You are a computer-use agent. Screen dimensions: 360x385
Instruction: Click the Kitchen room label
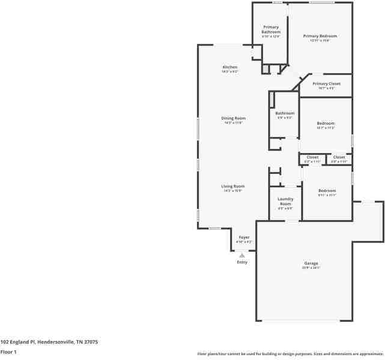[x=230, y=67]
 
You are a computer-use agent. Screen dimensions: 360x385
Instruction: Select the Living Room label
[x=233, y=186]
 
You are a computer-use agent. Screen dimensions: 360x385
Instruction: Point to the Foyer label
[x=244, y=237]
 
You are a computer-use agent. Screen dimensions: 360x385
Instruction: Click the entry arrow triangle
[x=242, y=255]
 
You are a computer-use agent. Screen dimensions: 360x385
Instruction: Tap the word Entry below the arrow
[x=242, y=262]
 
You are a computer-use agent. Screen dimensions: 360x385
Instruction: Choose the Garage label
[x=311, y=263]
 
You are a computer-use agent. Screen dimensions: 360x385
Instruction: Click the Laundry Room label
[x=285, y=201]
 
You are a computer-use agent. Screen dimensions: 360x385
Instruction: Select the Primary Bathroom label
[x=271, y=29]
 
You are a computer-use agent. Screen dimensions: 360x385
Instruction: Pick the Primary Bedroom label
[x=320, y=36]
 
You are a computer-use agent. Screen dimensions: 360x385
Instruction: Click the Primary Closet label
[x=326, y=84]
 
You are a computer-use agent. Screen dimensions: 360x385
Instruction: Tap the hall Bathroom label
[x=285, y=113]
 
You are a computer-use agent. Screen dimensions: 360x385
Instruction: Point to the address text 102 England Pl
[x=49, y=341]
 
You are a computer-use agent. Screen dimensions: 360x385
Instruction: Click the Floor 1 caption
[x=8, y=352]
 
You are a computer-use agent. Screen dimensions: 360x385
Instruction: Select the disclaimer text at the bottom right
[x=290, y=353]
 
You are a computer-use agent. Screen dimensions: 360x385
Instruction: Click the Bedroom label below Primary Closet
[x=326, y=124]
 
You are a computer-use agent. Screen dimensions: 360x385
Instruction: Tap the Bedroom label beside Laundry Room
[x=327, y=191]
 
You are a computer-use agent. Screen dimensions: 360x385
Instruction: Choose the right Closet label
[x=339, y=157]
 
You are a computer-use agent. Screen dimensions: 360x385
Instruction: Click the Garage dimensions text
[x=311, y=268]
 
